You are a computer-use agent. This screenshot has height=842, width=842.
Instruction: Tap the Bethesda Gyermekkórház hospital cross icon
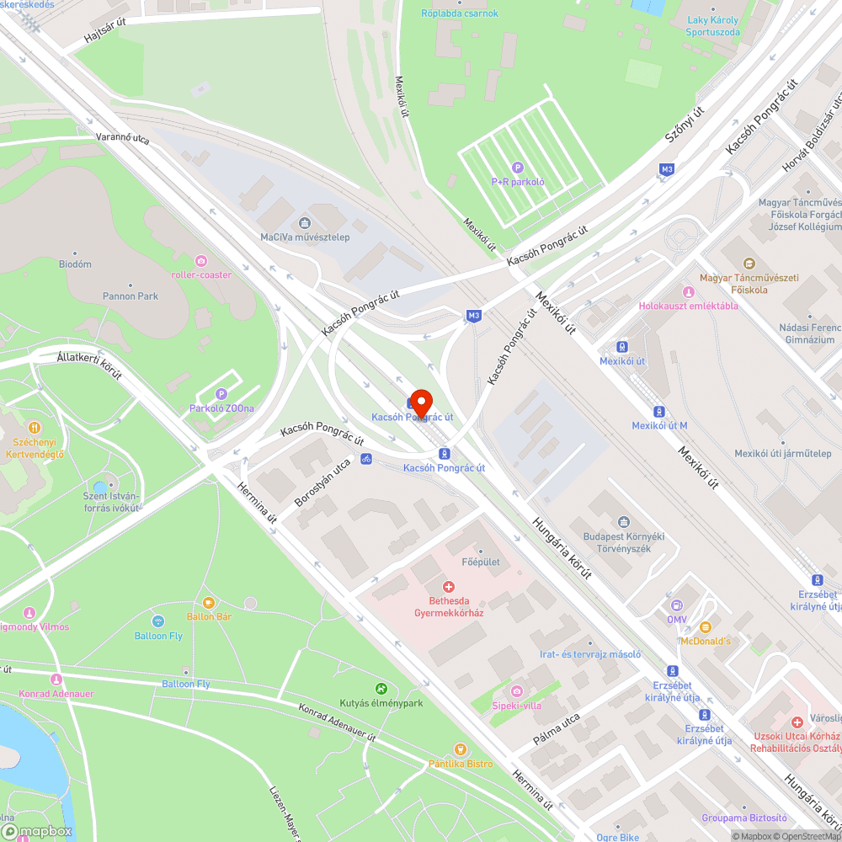coord(449,586)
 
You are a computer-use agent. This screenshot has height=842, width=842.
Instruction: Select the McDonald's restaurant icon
coord(706,627)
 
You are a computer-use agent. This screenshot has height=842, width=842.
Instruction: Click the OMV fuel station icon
coord(676,605)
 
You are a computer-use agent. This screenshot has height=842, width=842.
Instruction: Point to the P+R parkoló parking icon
coord(519,168)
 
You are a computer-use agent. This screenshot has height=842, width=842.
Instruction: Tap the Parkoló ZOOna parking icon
coord(221,394)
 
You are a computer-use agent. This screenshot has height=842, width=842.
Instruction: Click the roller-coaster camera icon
coord(200,261)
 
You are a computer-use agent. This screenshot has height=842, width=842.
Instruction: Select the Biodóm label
coord(76,264)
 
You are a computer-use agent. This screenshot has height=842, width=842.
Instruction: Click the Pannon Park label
coord(131,296)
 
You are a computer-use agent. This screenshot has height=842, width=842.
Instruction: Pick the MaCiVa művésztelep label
coord(305,237)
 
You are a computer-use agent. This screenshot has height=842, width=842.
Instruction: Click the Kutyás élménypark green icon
coord(381,689)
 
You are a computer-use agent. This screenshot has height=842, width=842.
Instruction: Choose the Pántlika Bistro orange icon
coord(460,749)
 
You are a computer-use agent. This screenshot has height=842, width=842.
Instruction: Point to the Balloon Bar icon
coord(208,603)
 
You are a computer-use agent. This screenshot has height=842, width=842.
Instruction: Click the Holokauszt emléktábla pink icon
coord(688,292)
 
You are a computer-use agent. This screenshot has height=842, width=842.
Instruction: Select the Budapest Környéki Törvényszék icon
coord(624,523)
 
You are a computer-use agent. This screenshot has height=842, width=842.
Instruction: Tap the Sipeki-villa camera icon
coord(517,691)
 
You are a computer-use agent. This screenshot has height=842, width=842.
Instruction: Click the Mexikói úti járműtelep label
coord(783,453)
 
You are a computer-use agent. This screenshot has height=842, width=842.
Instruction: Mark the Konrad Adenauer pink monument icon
coord(56,679)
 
